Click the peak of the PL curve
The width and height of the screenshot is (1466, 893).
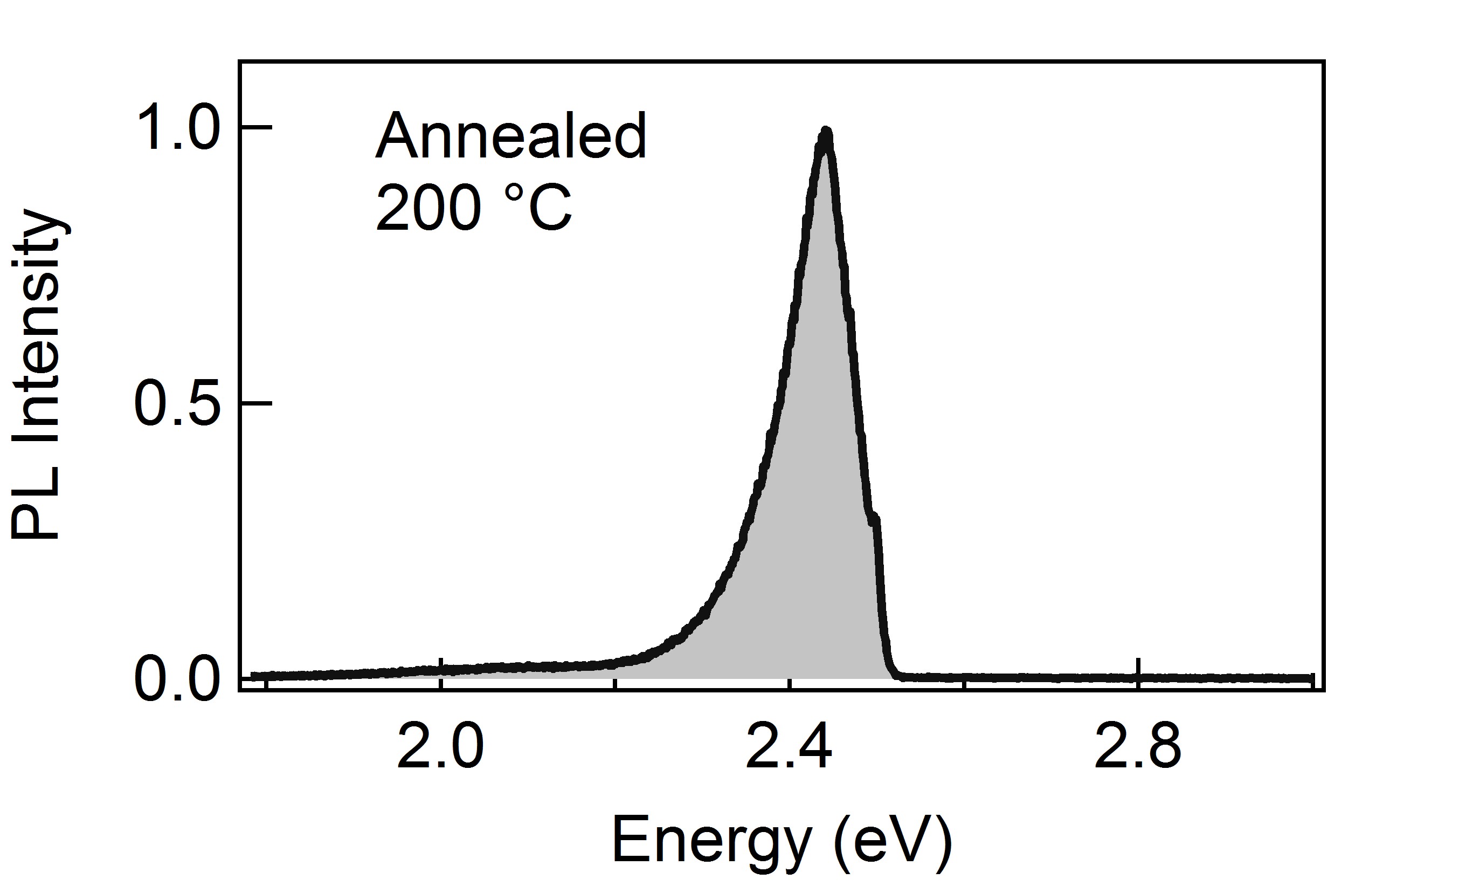pyautogui.click(x=825, y=132)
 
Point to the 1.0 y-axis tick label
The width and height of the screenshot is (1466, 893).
pyautogui.click(x=178, y=128)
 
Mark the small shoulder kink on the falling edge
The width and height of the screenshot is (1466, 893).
pyautogui.click(x=875, y=520)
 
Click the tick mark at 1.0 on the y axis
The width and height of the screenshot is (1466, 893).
pyautogui.click(x=257, y=127)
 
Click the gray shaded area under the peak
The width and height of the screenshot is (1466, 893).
pyautogui.click(x=821, y=536)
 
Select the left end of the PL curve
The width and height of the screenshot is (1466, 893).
pyautogui.click(x=252, y=676)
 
